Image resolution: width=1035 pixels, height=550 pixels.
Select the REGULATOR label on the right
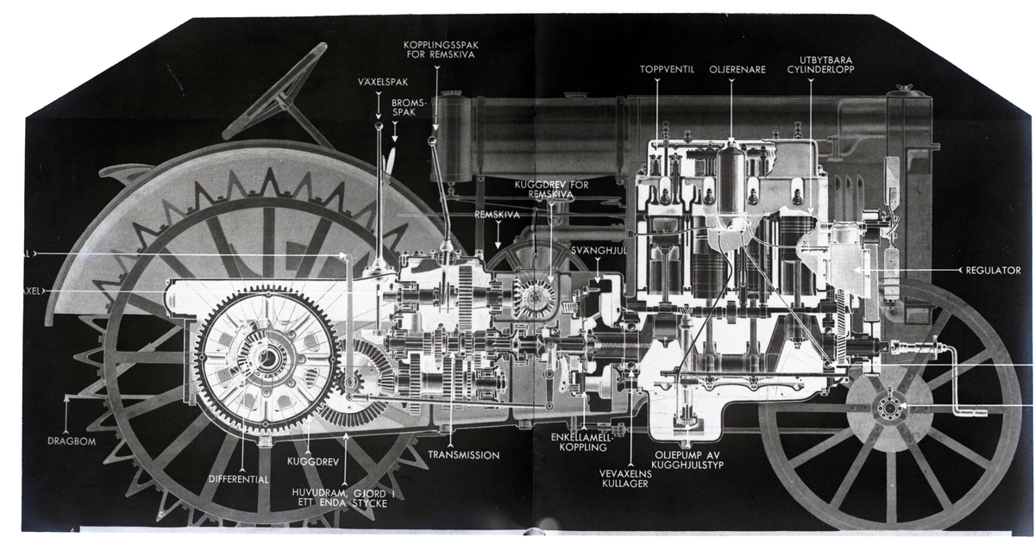tap(994, 270)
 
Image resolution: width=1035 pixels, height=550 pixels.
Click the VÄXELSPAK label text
tap(378, 84)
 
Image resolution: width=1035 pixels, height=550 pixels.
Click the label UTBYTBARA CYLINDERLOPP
tap(825, 66)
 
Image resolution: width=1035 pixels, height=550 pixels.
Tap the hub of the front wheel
tap(888, 410)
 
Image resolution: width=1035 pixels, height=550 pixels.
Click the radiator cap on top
tap(903, 87)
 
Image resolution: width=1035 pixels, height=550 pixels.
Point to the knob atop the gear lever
tap(379, 126)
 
